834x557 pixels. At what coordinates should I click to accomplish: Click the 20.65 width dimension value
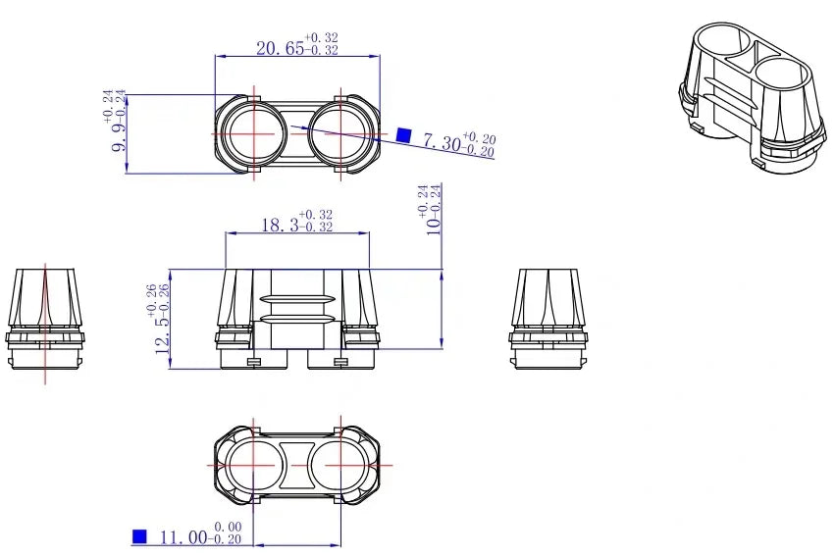pyautogui.click(x=281, y=48)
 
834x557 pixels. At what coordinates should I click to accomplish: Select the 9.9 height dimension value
pyautogui.click(x=119, y=137)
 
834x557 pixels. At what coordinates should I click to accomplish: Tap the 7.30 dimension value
pyautogui.click(x=442, y=142)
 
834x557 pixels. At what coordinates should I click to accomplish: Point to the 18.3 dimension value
pyautogui.click(x=280, y=226)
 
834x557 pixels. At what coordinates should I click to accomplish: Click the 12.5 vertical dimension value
pyautogui.click(x=162, y=334)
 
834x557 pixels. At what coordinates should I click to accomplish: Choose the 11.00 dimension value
pyautogui.click(x=184, y=537)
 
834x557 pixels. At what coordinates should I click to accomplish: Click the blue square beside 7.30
pyautogui.click(x=404, y=135)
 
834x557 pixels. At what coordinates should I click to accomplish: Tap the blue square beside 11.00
pyautogui.click(x=139, y=536)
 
